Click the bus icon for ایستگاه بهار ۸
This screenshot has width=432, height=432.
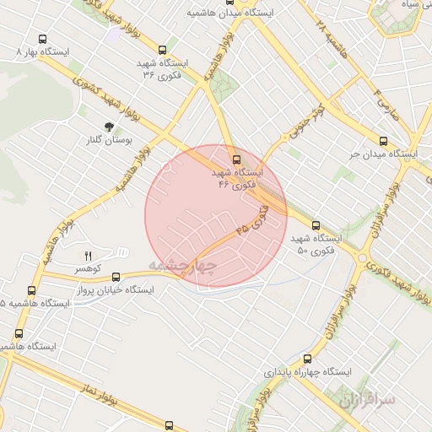point(43,39)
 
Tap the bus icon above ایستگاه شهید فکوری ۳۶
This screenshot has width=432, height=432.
point(162,50)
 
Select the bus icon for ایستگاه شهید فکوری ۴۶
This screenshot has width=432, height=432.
point(236,158)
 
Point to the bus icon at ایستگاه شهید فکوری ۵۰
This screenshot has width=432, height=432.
point(316,225)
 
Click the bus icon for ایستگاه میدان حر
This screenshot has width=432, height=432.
point(383,142)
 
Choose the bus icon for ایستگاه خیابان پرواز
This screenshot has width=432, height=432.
point(116,276)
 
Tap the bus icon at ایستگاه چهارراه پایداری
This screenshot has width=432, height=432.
point(307,358)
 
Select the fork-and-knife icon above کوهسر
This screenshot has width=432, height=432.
point(88,255)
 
